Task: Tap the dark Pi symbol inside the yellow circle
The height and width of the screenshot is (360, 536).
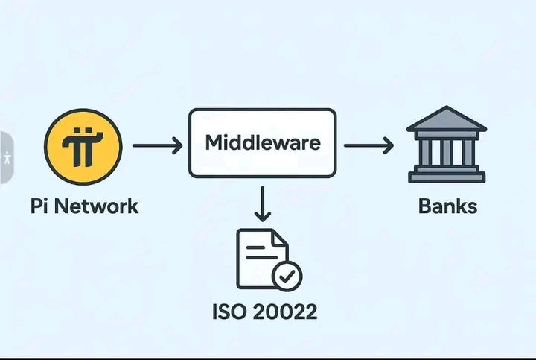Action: point(83,145)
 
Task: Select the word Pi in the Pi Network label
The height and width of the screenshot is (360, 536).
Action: point(40,206)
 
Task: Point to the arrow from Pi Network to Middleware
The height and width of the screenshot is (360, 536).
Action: point(156,145)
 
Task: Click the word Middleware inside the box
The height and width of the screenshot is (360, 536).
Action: point(262,142)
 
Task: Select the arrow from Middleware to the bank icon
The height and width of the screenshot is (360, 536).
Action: point(368,145)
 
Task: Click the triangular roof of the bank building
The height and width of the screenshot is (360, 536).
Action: point(446,119)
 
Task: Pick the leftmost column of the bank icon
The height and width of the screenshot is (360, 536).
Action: point(424,151)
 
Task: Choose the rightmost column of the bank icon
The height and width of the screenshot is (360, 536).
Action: point(469,151)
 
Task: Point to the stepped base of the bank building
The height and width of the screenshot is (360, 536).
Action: point(446,175)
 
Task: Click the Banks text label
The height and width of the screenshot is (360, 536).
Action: point(447,206)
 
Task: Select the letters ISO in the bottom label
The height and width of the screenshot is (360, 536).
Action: point(231,311)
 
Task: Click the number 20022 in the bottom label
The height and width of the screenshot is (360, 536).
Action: point(286,311)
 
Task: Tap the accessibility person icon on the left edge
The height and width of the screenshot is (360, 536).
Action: point(7,157)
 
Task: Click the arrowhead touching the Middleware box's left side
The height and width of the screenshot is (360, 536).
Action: point(177,145)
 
